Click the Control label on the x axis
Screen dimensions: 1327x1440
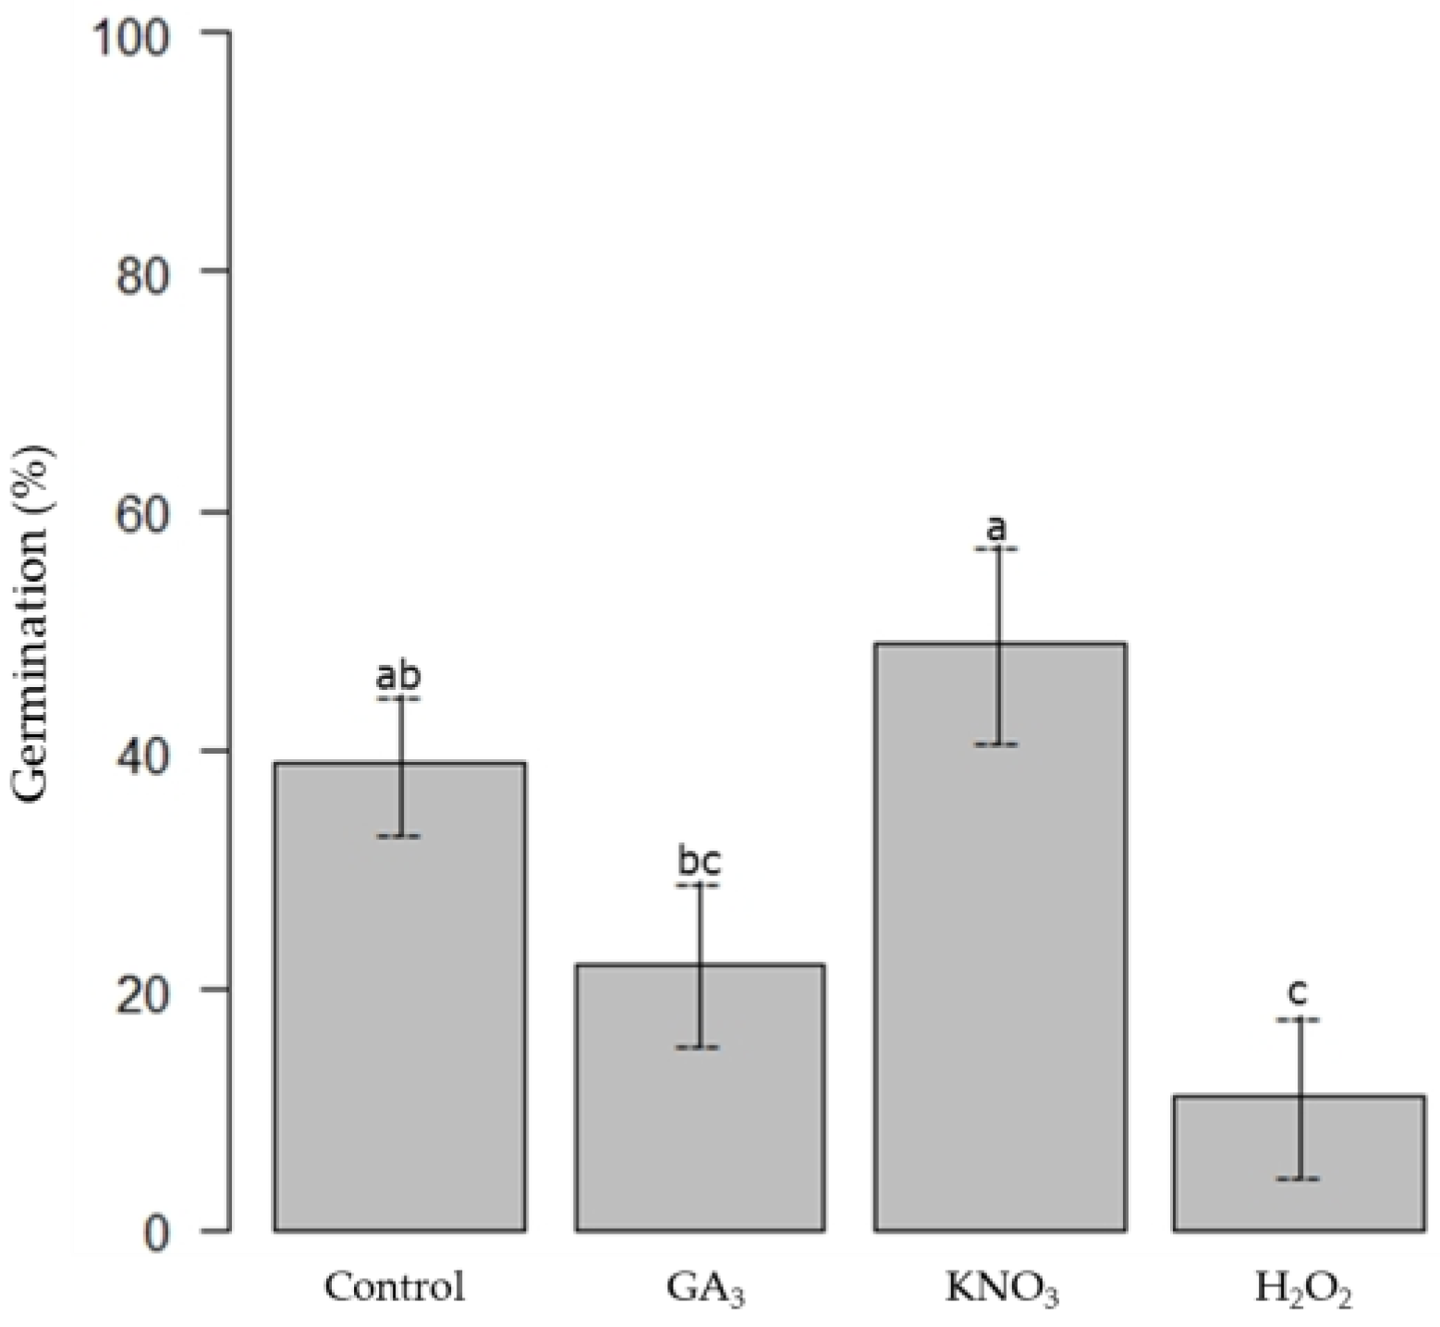[395, 1286]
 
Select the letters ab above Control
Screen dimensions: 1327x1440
[398, 676]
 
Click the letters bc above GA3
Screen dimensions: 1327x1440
[699, 862]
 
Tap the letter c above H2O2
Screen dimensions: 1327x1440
[1298, 994]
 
